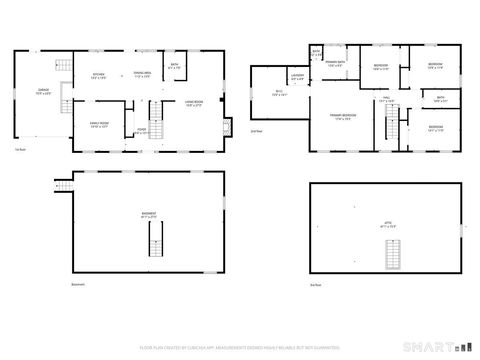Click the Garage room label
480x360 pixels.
click(x=44, y=92)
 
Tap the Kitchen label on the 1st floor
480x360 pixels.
click(x=99, y=76)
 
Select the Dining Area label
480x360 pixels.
click(x=142, y=74)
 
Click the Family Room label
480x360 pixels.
click(x=98, y=126)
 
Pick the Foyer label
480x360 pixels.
click(x=143, y=129)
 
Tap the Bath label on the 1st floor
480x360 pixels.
click(x=174, y=68)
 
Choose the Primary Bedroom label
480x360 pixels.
click(x=342, y=117)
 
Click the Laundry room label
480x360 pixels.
click(x=297, y=78)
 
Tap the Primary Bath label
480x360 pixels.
click(x=334, y=65)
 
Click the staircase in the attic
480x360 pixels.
click(x=392, y=257)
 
